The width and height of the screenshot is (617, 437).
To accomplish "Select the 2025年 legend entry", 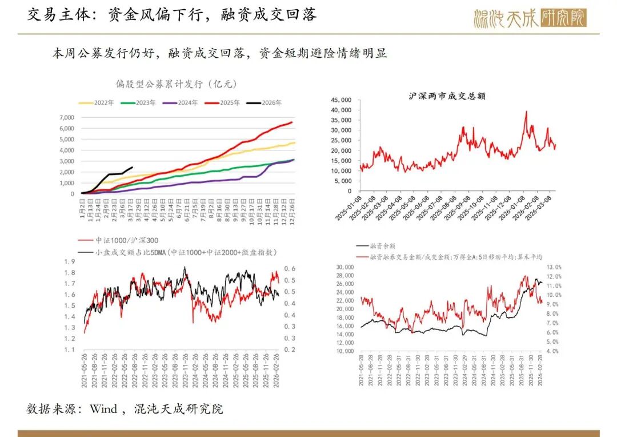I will click(224, 103).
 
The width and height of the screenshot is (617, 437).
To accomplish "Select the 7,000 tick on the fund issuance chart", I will click(66, 117).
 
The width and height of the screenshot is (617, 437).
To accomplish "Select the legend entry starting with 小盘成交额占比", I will click(177, 252).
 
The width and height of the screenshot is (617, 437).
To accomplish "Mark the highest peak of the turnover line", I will click(526, 112).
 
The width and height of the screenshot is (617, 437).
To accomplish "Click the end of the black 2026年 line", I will click(133, 168).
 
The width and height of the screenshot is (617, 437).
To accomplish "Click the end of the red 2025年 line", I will click(292, 122).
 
